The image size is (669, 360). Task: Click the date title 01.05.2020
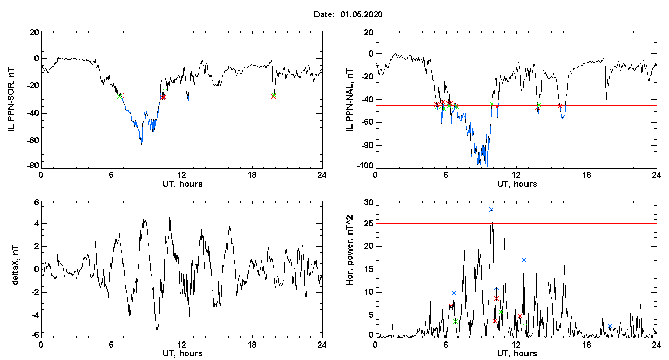(361, 14)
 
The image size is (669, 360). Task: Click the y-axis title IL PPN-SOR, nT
(11, 99)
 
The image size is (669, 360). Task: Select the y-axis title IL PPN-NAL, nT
(349, 100)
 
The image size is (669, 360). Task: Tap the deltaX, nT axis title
(15, 265)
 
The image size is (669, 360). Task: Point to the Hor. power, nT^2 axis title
(349, 250)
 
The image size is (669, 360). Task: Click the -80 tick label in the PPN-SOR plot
(33, 166)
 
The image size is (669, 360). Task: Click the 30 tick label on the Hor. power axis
(369, 203)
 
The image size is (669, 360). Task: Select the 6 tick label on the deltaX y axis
(37, 203)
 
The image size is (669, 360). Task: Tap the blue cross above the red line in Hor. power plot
(491, 210)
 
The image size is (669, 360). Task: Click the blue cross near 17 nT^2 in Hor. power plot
(524, 260)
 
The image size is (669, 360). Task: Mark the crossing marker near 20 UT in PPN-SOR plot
(274, 96)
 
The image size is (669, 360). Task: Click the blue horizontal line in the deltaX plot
(182, 212)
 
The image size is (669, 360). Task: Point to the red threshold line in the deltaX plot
(182, 230)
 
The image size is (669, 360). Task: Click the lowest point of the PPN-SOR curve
(142, 145)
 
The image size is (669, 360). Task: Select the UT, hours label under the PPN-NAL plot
(517, 184)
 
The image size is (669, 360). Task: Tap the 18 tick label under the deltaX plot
(252, 345)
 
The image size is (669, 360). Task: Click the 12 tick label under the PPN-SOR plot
(182, 175)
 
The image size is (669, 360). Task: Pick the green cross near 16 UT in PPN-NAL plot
(565, 103)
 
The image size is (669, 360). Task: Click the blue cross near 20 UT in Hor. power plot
(610, 326)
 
